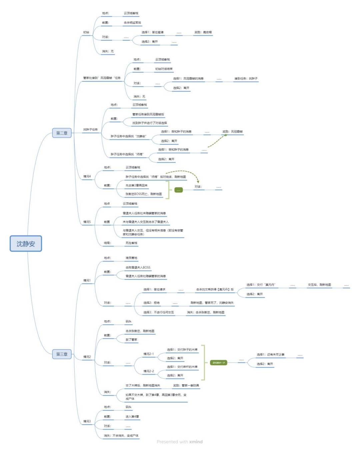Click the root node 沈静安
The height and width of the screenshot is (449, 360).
[26, 244]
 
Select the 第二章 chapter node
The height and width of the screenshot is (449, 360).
[62, 133]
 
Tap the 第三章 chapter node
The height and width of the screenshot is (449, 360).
[62, 354]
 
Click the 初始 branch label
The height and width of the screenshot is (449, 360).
[86, 32]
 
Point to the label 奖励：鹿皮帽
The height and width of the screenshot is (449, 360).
[203, 32]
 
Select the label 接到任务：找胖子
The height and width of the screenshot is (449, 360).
[246, 79]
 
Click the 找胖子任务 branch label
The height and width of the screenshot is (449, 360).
[90, 129]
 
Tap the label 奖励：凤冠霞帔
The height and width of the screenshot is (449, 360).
[232, 132]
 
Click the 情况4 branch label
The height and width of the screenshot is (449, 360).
[87, 176]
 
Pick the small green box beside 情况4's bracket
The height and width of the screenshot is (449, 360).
[179, 190]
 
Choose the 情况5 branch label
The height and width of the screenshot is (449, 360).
[87, 222]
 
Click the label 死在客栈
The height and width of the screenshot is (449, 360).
[131, 243]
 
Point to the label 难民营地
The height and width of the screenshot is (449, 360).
[131, 258]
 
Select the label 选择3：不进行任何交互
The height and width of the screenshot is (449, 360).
[158, 312]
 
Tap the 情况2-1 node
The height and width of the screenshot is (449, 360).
[149, 354]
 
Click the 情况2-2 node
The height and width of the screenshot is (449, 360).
[149, 371]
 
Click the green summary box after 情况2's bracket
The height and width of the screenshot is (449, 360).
[219, 363]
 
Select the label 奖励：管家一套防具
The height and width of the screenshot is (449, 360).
[186, 386]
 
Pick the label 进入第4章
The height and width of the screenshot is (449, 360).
[132, 417]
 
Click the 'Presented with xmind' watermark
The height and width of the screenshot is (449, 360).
[180, 442]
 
